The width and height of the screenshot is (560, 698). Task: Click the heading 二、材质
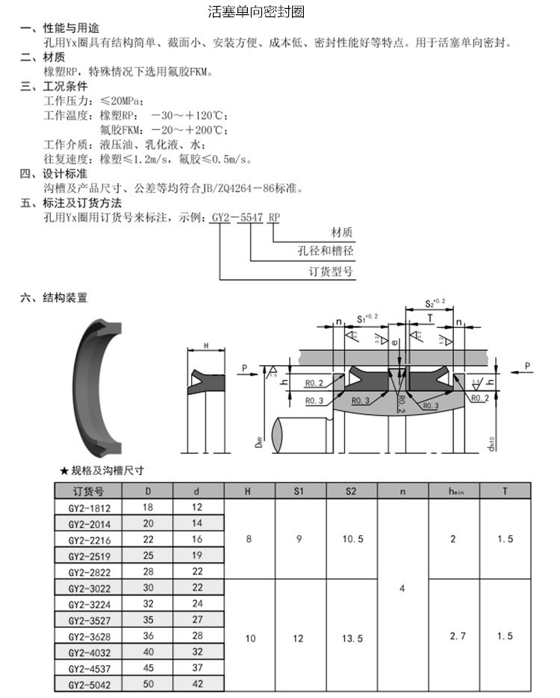pyautogui.click(x=43, y=57)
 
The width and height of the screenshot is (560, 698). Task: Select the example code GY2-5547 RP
pyautogui.click(x=246, y=217)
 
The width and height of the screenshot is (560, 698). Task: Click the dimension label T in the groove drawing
pyautogui.click(x=429, y=317)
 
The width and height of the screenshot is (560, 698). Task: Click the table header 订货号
pyautogui.click(x=88, y=491)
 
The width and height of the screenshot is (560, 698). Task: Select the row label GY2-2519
pyautogui.click(x=88, y=555)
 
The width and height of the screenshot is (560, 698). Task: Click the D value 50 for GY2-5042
pyautogui.click(x=147, y=684)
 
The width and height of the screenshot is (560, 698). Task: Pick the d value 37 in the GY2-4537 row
pyautogui.click(x=198, y=668)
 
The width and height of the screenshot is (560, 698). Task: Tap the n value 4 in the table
pyautogui.click(x=402, y=588)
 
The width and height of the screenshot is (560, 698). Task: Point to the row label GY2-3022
pyautogui.click(x=88, y=588)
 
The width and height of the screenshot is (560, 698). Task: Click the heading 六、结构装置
pyautogui.click(x=55, y=297)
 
